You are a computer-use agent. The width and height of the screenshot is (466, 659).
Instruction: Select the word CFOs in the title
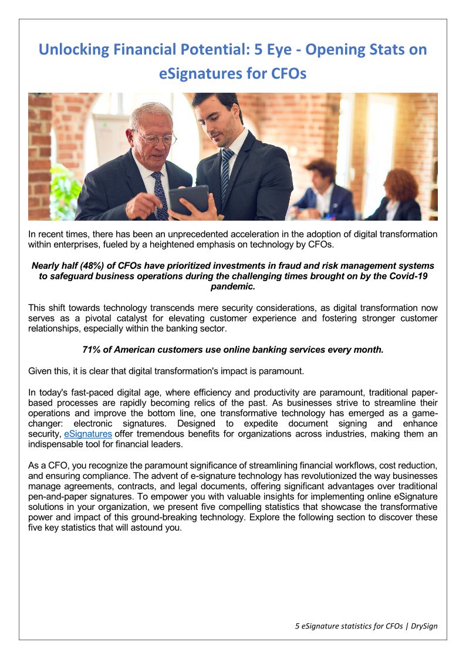[x=288, y=75]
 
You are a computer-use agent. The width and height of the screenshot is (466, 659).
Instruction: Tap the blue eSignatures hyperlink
[x=87, y=434]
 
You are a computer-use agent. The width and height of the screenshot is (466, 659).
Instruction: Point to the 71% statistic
[x=92, y=350]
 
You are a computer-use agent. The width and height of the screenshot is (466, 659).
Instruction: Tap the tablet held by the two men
[x=188, y=201]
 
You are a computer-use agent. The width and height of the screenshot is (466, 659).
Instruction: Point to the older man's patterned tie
[x=159, y=194]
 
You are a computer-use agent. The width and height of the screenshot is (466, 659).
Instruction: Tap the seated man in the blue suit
[x=322, y=194]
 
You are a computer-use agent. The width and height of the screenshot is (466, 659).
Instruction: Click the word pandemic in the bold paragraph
[x=232, y=286]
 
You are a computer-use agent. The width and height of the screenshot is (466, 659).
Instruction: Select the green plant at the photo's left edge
[x=63, y=194]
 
